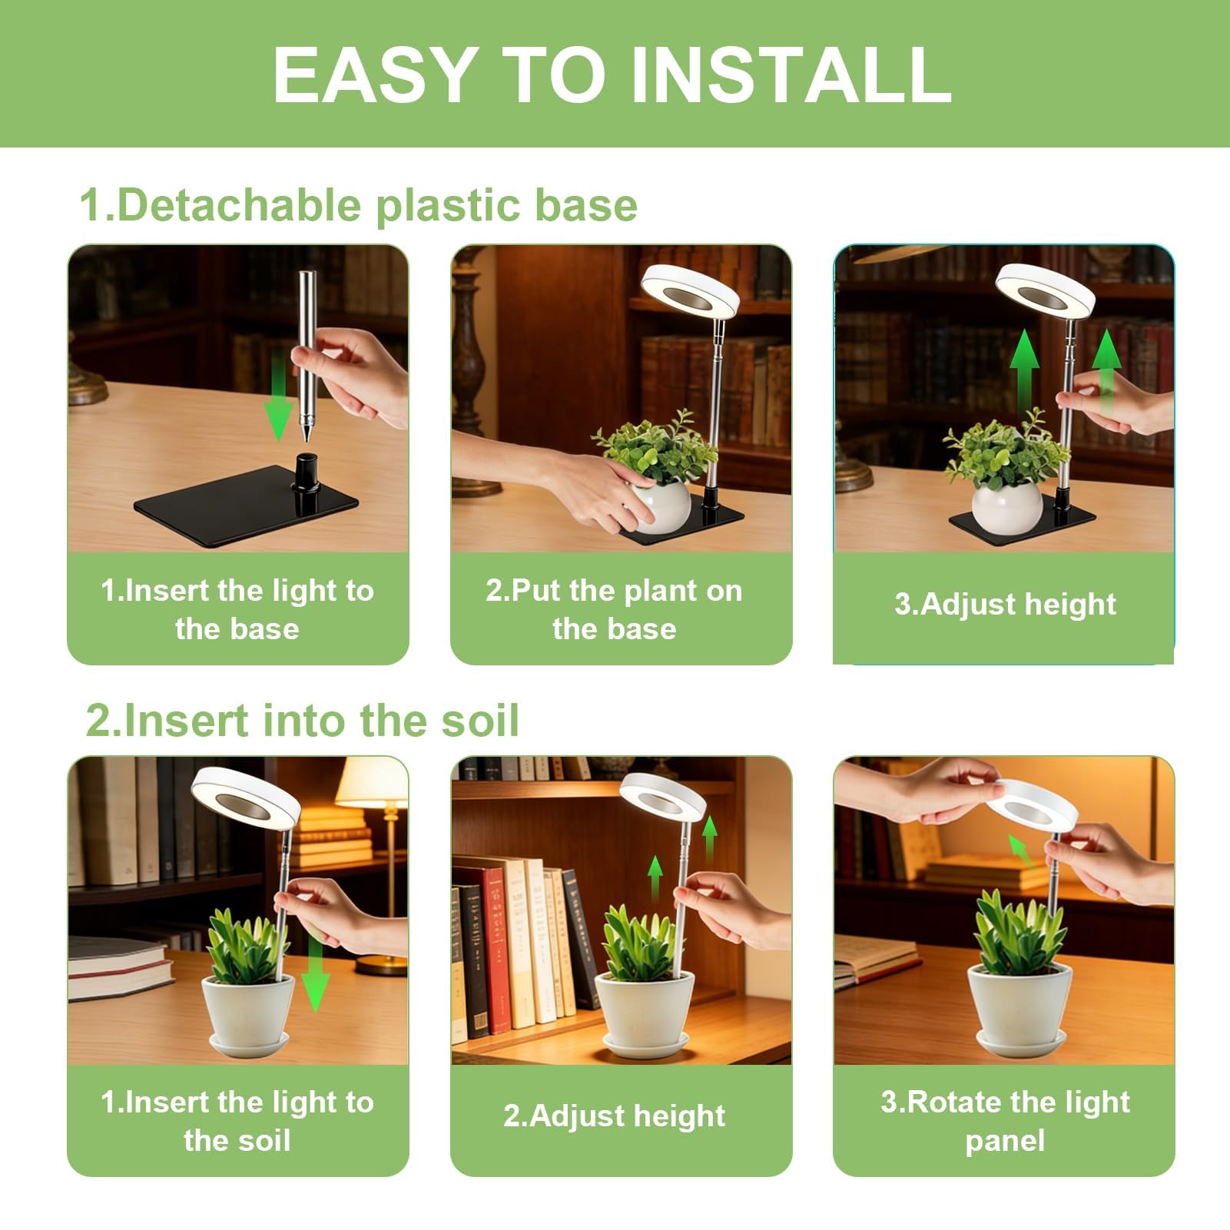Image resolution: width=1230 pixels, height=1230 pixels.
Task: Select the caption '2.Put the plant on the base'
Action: coord(615,609)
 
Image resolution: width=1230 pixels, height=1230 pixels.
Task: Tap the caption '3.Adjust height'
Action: coord(1005,604)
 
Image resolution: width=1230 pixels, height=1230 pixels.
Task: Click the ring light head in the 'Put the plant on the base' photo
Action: coord(690,290)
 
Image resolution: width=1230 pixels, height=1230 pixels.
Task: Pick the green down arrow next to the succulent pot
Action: coord(315,975)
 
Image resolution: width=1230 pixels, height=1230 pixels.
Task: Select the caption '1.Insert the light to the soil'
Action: coord(237,1121)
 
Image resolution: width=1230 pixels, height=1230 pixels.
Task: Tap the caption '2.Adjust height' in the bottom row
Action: coord(614,1116)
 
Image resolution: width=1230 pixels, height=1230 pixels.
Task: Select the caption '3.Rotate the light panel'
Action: coord(1005,1121)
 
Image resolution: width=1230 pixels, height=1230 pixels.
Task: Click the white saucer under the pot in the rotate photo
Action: coord(1020,1043)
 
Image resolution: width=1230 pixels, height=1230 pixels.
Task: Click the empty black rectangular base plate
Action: coord(246,506)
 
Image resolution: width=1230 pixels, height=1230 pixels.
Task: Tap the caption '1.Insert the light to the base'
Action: coord(237,609)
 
